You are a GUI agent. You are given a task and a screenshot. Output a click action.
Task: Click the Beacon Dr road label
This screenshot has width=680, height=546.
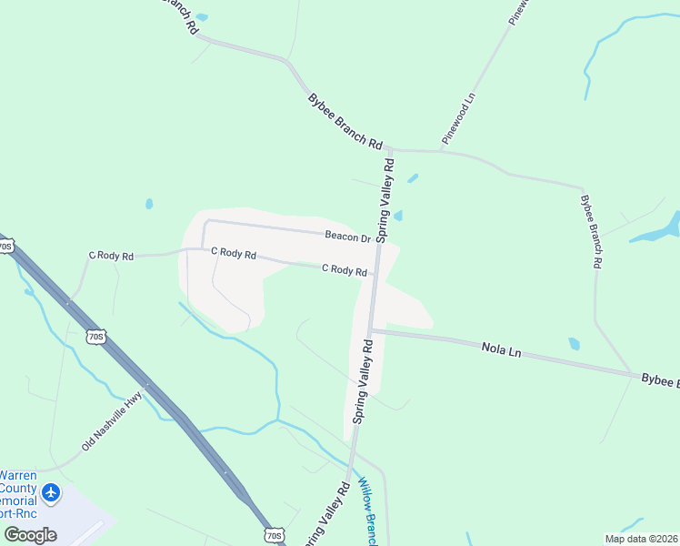pos(348,237)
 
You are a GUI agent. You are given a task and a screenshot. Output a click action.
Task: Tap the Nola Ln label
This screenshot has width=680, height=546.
pos(501,348)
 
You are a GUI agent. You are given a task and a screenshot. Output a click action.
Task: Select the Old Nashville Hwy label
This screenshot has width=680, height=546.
pos(113,421)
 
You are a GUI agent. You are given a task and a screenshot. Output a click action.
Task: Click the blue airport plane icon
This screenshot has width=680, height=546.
pos(51,492)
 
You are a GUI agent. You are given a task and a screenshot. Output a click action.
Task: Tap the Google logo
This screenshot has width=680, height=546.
pos(30,534)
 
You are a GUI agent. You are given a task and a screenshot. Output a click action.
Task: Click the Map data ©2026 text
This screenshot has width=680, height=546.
pos(641,539)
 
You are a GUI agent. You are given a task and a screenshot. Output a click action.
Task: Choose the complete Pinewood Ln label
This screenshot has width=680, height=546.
pos(459,118)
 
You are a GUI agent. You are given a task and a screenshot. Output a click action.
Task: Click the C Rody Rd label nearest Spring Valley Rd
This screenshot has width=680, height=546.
pos(345,269)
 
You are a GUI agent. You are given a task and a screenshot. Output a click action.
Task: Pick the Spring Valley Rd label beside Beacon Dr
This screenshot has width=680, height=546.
pos(385,201)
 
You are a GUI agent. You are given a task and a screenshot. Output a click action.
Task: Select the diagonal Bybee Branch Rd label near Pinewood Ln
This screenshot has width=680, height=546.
pos(345,121)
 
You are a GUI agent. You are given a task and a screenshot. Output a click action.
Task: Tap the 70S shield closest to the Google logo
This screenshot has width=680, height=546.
pos(275,535)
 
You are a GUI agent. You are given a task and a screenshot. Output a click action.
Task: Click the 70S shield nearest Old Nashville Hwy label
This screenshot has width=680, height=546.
pos(97,337)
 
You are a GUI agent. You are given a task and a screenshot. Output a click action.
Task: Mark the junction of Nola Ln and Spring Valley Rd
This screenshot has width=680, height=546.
pos(370,331)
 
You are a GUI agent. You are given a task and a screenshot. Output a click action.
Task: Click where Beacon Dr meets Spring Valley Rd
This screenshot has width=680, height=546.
pos(376,243)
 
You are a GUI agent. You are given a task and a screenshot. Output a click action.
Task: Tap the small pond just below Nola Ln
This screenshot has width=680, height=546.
pos(574,344)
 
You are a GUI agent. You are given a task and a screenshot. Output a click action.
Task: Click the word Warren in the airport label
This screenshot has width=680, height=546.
pos(19,475)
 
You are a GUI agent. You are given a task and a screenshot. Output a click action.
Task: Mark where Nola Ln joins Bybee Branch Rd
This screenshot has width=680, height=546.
pos(634,373)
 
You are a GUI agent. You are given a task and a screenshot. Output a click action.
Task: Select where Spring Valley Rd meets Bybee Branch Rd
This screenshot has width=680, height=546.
pos(386,147)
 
